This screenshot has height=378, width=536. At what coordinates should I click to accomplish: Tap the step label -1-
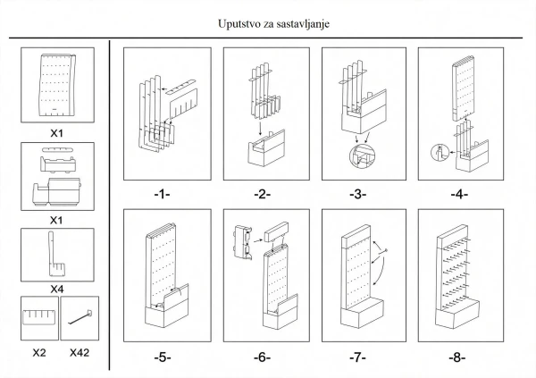coord(162,194)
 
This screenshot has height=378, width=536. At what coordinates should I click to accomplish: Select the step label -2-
coord(262,194)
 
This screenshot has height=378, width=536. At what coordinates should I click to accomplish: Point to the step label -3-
coord(358,194)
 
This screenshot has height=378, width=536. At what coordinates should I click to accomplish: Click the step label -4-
coord(459,194)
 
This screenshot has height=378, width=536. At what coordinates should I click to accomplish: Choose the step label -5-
coord(163,357)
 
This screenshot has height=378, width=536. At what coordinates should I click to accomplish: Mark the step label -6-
coord(262,357)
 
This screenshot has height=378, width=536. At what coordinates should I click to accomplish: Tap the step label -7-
coord(358,357)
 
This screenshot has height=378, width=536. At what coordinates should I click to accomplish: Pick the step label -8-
coord(457,357)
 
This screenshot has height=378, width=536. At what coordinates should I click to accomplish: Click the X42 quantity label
coord(80,352)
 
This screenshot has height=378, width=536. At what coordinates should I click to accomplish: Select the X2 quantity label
coord(39,352)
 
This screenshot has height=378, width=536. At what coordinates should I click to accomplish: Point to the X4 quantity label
coord(57,289)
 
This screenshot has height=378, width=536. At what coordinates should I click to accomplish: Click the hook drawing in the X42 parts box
coord(80,317)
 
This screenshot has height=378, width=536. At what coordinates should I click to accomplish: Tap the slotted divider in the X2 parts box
coord(39,317)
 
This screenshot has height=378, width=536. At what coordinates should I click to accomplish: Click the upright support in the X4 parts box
coord(54,254)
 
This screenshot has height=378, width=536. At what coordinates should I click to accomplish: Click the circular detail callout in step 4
coord(440,152)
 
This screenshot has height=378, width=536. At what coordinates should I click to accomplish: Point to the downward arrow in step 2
coord(261,129)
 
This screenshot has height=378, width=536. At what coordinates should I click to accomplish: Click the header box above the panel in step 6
coord(276,232)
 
